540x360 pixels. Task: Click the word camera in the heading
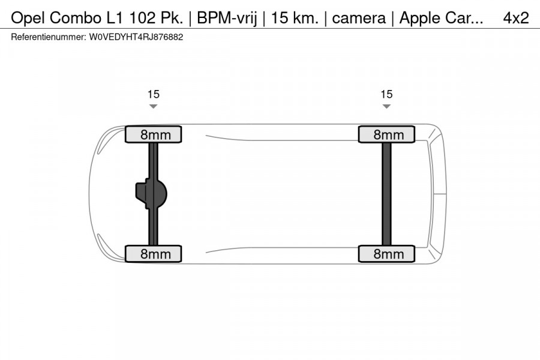click(x=358, y=18)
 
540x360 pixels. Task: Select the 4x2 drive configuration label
click(x=515, y=18)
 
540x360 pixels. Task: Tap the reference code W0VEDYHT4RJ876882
click(x=136, y=37)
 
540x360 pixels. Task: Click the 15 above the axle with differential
click(x=154, y=94)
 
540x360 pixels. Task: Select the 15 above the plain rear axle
click(x=386, y=94)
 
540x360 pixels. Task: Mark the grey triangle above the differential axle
click(x=154, y=107)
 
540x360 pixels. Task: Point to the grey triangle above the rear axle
click(x=386, y=107)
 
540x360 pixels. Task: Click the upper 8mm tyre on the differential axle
click(x=153, y=134)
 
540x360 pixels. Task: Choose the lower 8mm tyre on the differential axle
click(x=153, y=254)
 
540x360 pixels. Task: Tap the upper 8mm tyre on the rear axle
click(x=386, y=134)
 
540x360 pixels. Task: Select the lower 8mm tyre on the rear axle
click(x=386, y=254)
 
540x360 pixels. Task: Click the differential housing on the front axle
click(x=151, y=194)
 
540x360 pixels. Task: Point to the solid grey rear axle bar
click(x=386, y=194)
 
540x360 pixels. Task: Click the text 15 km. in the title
click(x=294, y=18)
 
